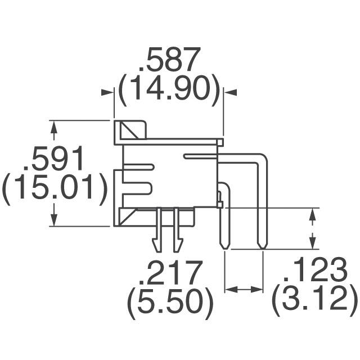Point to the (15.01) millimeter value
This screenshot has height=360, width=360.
[55, 187]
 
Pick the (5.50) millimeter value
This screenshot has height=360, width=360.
[170, 303]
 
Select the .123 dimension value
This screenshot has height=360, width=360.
[315, 269]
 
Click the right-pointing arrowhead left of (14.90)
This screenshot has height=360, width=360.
[107, 92]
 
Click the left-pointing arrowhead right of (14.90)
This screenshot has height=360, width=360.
[230, 92]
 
